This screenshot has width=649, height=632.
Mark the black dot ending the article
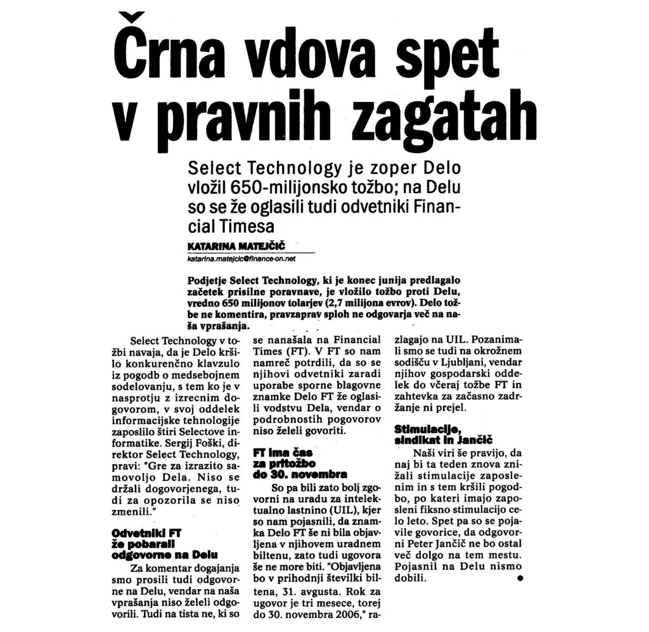(520, 579)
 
